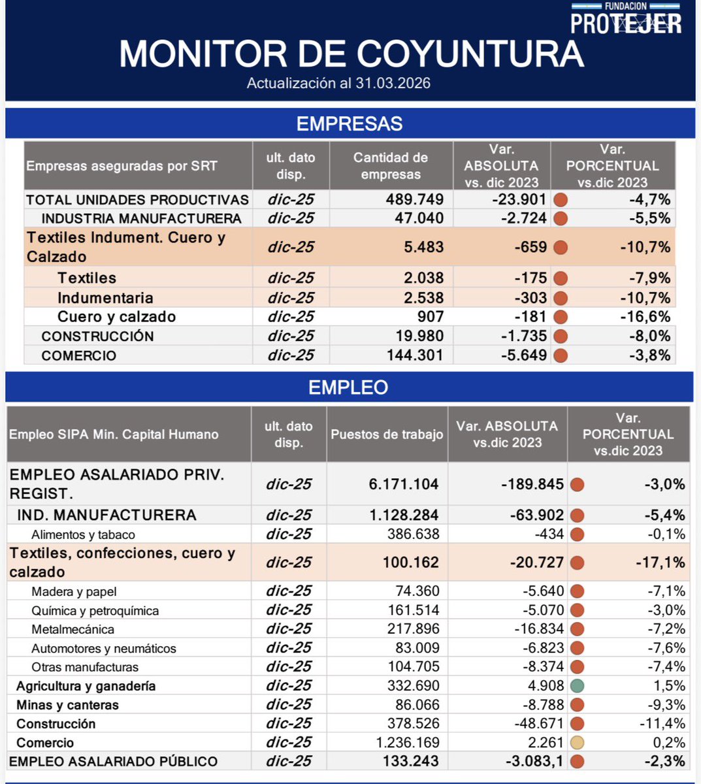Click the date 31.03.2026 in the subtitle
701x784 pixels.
(x=393, y=83)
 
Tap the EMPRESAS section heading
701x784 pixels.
(x=350, y=123)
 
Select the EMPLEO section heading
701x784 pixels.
(x=348, y=387)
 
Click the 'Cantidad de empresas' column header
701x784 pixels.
(x=391, y=166)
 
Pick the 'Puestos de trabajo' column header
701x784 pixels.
(x=387, y=434)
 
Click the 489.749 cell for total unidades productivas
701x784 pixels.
(x=414, y=199)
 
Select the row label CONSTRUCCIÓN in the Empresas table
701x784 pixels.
(x=97, y=336)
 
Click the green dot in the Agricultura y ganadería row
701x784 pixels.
(x=576, y=686)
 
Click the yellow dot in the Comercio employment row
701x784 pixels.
(x=576, y=743)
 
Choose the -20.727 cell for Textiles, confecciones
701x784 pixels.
(x=532, y=563)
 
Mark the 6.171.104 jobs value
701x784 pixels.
(x=403, y=484)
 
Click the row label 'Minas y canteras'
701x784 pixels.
(x=67, y=705)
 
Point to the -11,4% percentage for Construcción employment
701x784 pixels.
(x=662, y=724)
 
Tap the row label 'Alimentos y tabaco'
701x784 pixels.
(x=83, y=534)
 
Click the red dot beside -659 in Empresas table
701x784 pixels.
(x=560, y=248)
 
